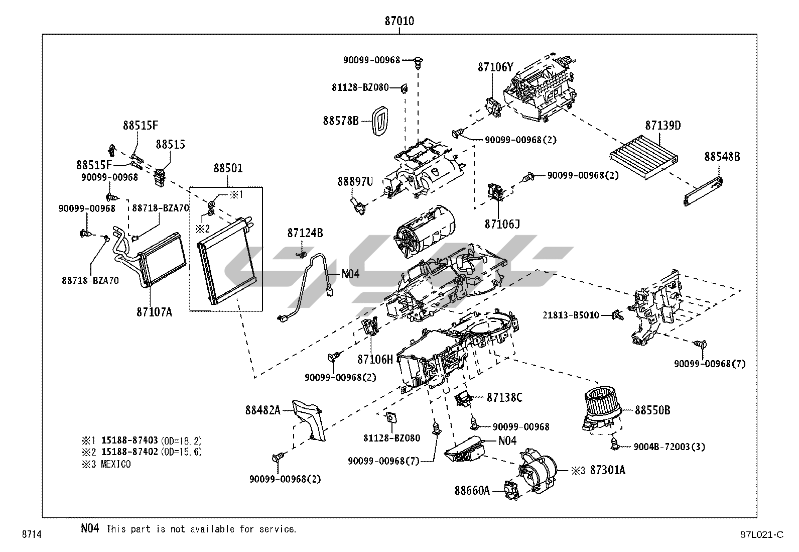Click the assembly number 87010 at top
[399, 21]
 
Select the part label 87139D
[662, 126]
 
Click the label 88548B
[722, 157]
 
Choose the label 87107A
[154, 312]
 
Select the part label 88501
[228, 168]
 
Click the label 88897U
[355, 181]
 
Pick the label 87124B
[305, 233]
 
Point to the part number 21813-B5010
[571, 315]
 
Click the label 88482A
[262, 410]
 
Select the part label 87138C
[504, 398]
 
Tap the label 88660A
[472, 490]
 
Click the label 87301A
[607, 471]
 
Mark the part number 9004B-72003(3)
[669, 447]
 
